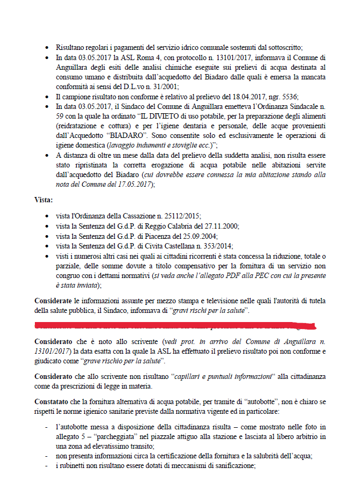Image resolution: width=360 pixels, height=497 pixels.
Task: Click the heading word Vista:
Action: pyautogui.click(x=43, y=200)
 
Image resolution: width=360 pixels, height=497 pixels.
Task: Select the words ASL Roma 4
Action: pyautogui.click(x=123, y=57)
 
